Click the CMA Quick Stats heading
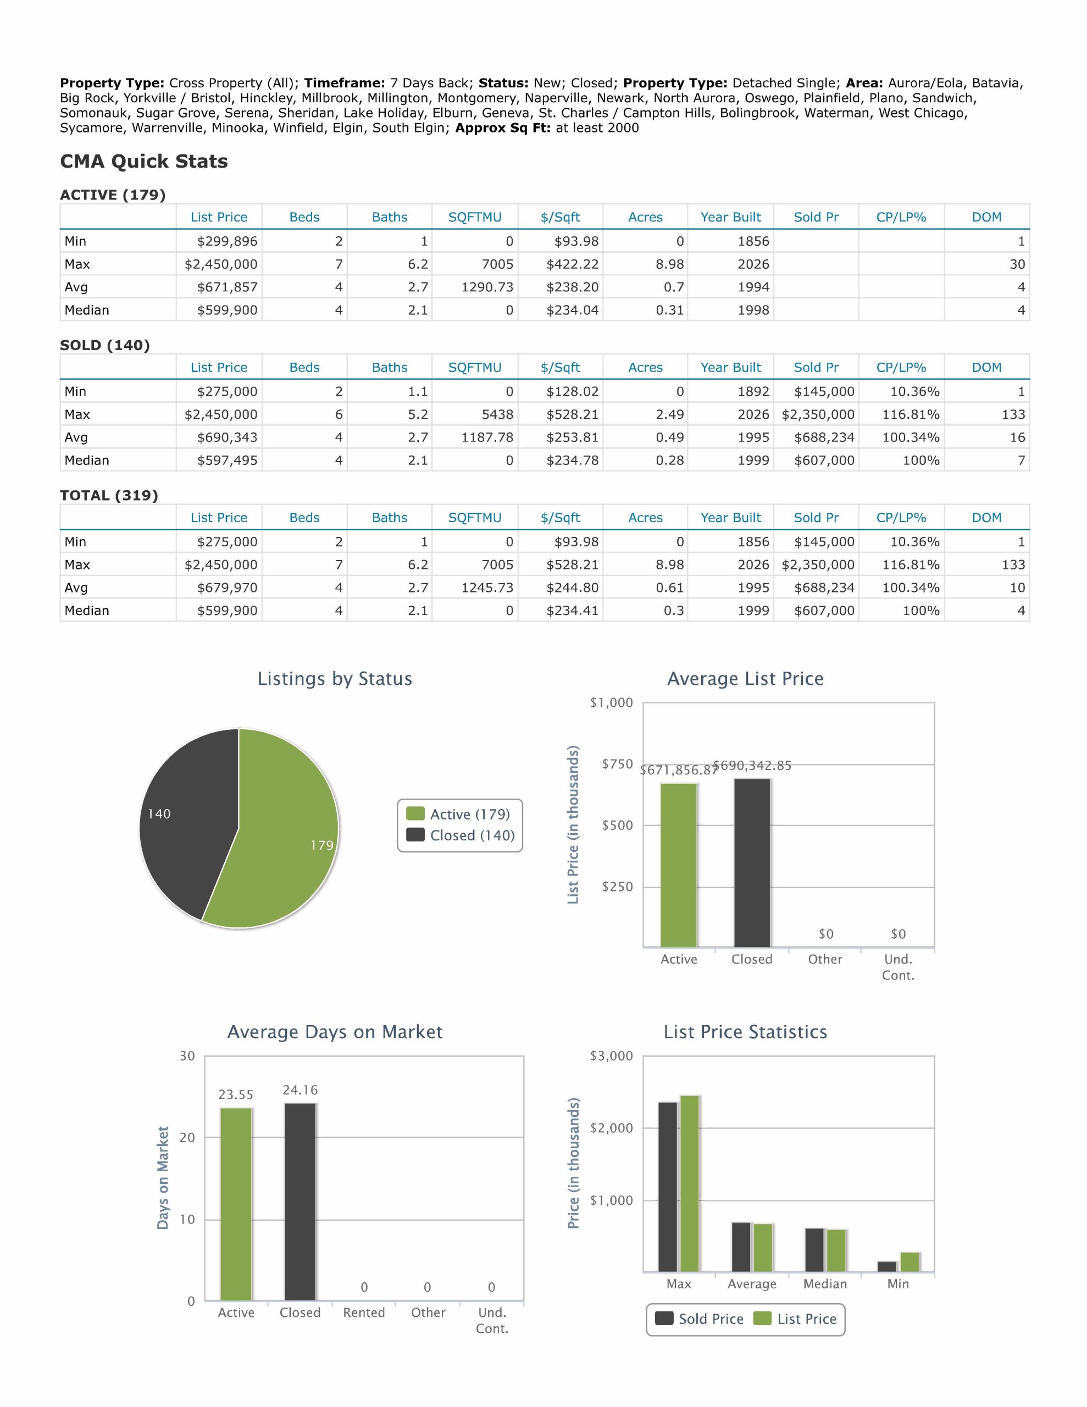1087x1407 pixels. click(x=143, y=161)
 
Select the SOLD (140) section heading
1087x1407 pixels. click(x=105, y=345)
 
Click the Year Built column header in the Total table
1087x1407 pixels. click(x=731, y=517)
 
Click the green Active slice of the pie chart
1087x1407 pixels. click(x=284, y=838)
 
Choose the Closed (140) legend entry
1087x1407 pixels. click(x=461, y=835)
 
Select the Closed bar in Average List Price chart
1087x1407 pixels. click(x=752, y=863)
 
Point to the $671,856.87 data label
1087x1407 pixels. click(x=679, y=770)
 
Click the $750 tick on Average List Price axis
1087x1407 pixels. click(x=617, y=764)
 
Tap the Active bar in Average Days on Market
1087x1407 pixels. click(x=236, y=1204)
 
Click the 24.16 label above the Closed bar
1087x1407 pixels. click(x=300, y=1090)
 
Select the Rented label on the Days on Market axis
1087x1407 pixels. click(x=364, y=1312)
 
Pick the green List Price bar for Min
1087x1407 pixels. click(x=910, y=1261)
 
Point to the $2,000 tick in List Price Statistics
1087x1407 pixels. click(x=612, y=1127)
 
